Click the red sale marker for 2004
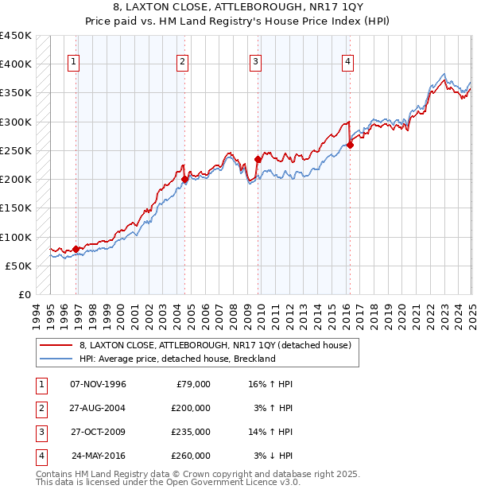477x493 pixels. [184, 179]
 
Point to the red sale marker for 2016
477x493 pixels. [350, 145]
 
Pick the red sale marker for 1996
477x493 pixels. [76, 249]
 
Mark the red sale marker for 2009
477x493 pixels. [258, 159]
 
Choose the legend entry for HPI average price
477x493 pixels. [176, 359]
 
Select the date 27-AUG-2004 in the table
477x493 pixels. [99, 408]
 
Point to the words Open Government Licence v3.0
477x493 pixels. [228, 482]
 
